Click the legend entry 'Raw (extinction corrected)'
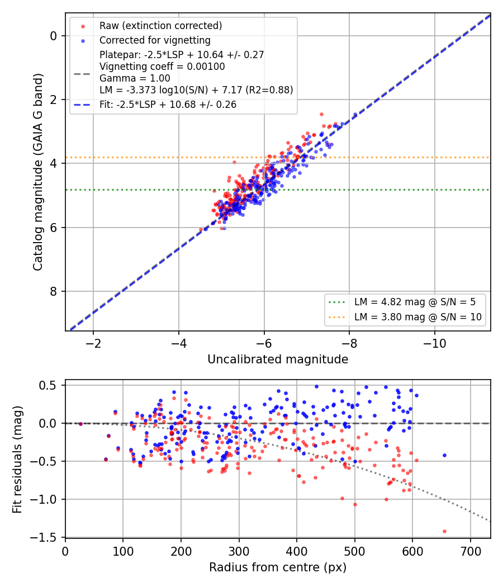160,26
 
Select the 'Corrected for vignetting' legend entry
155,40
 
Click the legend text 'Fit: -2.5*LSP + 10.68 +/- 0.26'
168,105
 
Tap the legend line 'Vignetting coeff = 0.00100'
162,67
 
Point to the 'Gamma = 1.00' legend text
135,78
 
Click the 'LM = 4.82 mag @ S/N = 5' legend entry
415,302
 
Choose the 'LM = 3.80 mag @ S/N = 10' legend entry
417,317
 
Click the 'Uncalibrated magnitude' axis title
278,359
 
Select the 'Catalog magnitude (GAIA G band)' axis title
38,172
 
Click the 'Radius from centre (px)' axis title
278,567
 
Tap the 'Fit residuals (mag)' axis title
17,460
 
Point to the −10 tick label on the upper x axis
434,343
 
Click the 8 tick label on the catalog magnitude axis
53,291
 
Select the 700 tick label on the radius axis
471,551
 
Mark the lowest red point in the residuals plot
445,531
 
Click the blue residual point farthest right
445,455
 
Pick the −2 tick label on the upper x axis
93,343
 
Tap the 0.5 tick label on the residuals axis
48,385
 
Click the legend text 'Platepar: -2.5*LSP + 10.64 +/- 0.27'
182,55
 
